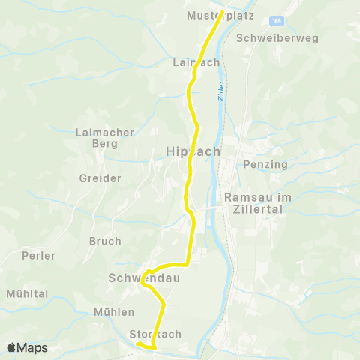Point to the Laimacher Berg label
pos(105,138)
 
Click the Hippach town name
pos(192,151)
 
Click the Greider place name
pos(100,178)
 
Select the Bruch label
pos(105,241)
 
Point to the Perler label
pos(39,255)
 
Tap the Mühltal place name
pos(27,292)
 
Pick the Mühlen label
pos(114,311)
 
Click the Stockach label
pos(155,333)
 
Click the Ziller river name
pos(220,91)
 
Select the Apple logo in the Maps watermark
pos(11,348)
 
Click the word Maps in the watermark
pos(33,348)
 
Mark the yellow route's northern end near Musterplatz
pos(222,13)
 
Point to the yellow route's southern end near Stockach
pos(138,343)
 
